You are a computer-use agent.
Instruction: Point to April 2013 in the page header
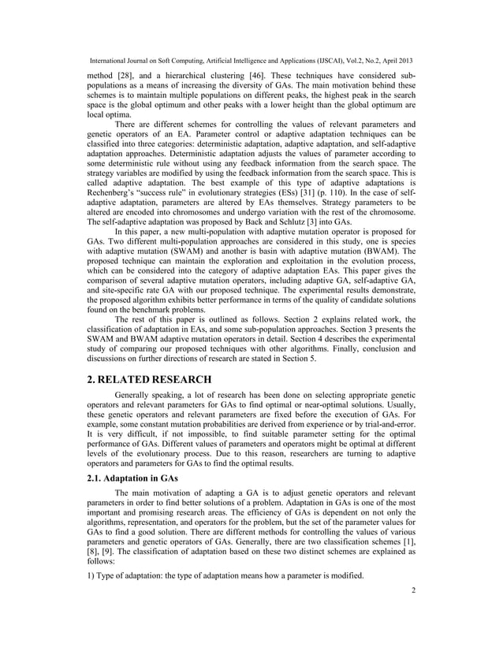tap(392, 60)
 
